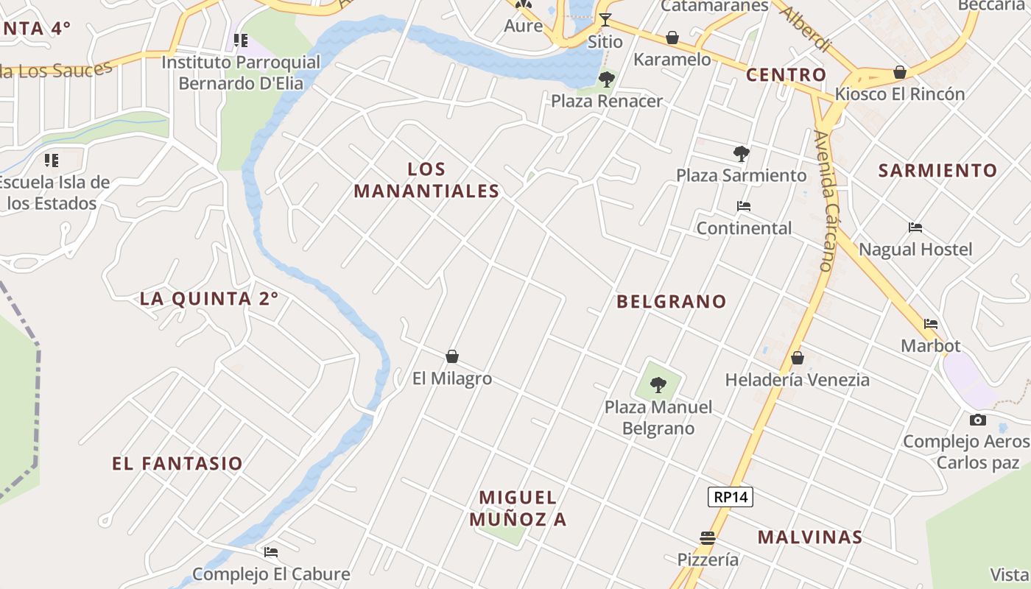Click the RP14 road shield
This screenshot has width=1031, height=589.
coord(731,497)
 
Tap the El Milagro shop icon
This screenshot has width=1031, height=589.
coord(452,357)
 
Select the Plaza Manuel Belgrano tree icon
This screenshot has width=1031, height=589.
coord(658,384)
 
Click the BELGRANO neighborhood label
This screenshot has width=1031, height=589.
coord(672,301)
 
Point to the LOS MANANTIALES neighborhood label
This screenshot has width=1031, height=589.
coord(426,180)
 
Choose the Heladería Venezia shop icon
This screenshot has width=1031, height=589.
coord(797,359)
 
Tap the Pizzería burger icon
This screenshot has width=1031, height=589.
coord(708,538)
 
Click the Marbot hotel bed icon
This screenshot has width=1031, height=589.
coord(931,324)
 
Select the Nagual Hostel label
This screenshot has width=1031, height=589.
coord(915,250)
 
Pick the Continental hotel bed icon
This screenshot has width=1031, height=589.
coord(744,207)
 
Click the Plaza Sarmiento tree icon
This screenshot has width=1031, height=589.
coord(742,154)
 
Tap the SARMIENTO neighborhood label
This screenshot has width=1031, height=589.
coord(937,171)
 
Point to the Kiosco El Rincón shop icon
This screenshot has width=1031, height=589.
coord(899,73)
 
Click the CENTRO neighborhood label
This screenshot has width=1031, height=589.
coord(786,75)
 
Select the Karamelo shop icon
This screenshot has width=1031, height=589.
coord(672,38)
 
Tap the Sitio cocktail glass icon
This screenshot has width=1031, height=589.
coord(605,20)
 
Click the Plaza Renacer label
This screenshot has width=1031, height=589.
coord(607,101)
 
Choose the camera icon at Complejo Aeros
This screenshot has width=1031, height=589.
coord(978,420)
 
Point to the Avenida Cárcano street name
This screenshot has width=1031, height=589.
coord(828,200)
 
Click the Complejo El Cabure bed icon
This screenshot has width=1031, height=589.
coord(271,552)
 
